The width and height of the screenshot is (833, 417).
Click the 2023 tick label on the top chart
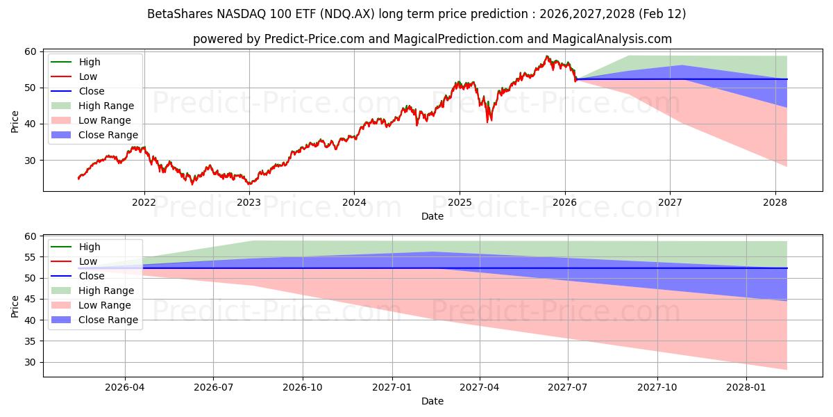(249, 203)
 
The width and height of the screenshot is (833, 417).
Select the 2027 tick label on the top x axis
(670, 203)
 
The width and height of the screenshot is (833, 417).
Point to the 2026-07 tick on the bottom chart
(213, 388)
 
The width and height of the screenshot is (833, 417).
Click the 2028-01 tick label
(746, 388)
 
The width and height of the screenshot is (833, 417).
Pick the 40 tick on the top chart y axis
(31, 124)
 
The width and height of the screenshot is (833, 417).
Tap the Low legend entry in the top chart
(88, 76)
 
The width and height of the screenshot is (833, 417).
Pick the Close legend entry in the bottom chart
(92, 276)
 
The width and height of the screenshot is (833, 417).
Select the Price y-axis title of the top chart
(15, 120)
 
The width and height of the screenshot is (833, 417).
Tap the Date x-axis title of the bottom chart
(432, 401)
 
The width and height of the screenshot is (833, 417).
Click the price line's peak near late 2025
(547, 57)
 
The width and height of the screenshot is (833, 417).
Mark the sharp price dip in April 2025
(489, 120)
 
